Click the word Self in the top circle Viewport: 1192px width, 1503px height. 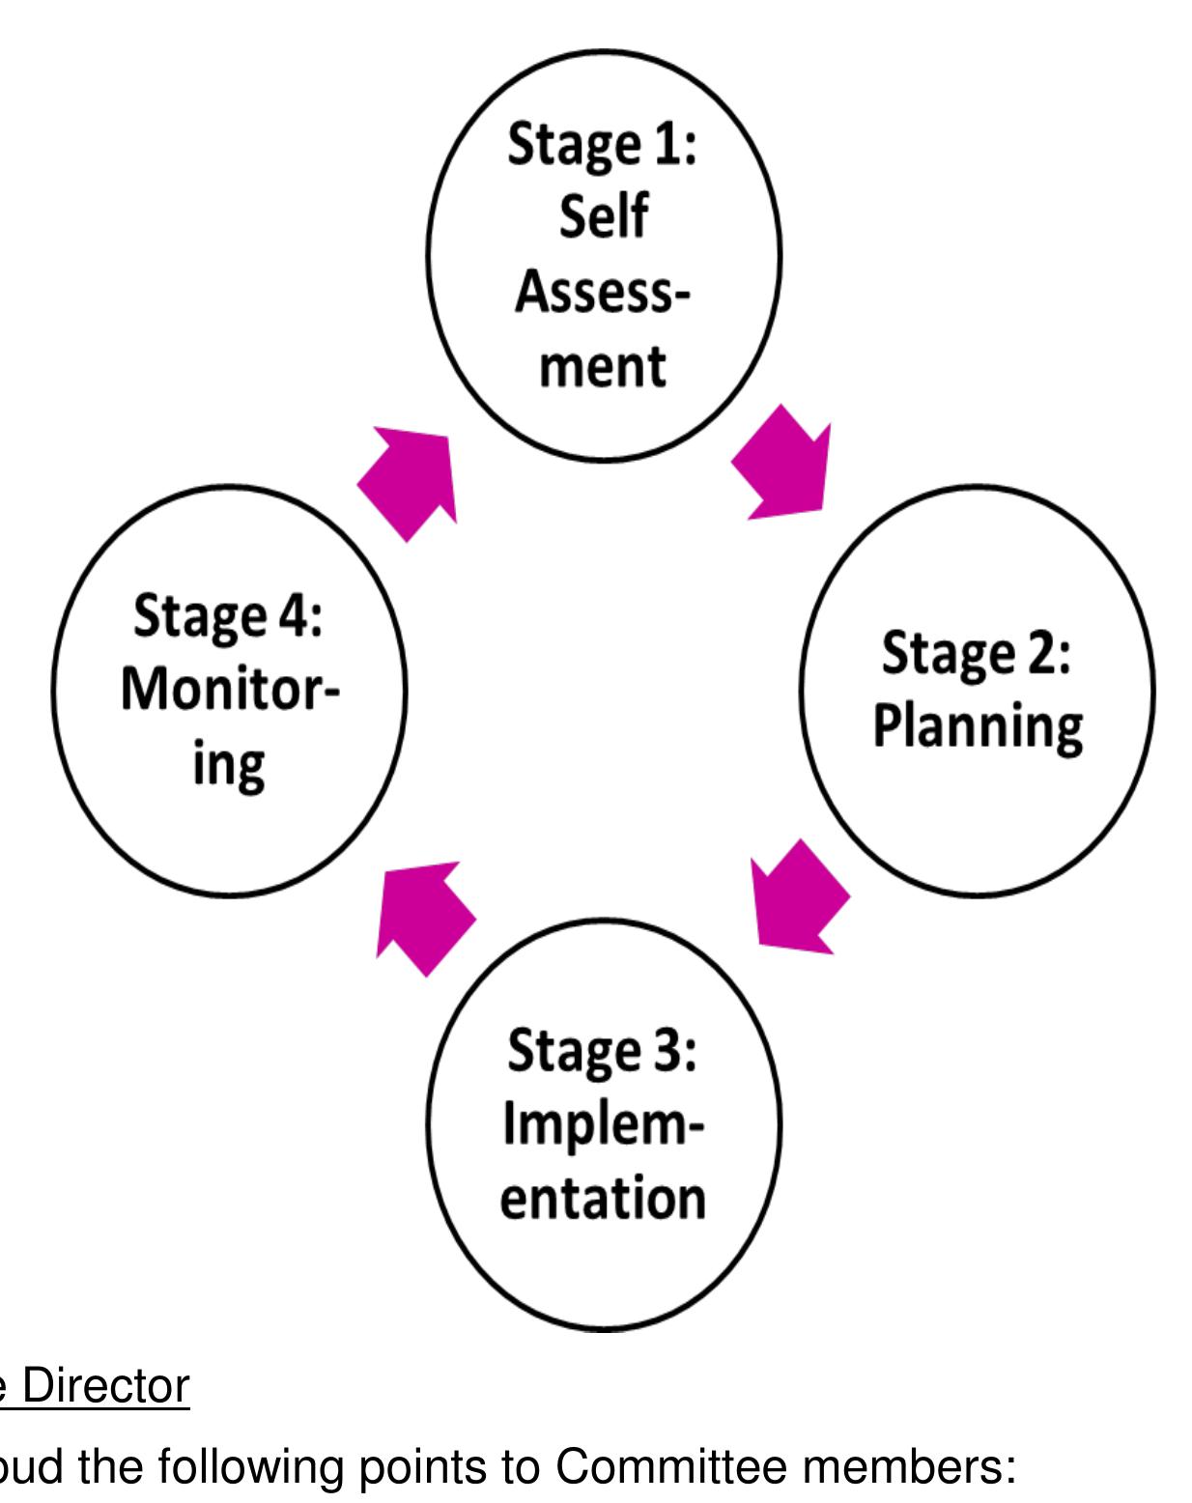pos(603,216)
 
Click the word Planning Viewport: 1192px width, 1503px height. pos(978,730)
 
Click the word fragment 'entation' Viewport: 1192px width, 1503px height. pos(604,1198)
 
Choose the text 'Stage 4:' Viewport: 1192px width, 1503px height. pos(228,615)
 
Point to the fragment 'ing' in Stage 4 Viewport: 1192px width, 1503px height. pos(228,767)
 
